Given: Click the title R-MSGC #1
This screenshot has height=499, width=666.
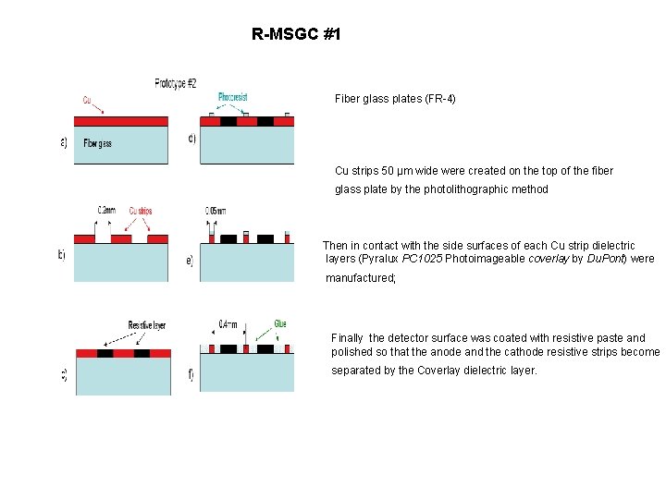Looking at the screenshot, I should [x=296, y=35].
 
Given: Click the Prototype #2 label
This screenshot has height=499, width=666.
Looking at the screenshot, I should [x=175, y=84].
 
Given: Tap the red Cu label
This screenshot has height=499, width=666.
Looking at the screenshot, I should [x=86, y=99].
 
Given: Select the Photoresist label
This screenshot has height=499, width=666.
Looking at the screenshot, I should [x=232, y=97].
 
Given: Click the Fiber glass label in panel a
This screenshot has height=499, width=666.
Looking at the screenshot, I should [x=97, y=143].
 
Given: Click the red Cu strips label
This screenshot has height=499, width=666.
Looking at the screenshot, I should [x=141, y=211].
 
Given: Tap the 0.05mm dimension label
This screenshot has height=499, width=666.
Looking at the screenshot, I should [x=215, y=211].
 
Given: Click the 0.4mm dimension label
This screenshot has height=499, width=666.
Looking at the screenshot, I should [x=227, y=324].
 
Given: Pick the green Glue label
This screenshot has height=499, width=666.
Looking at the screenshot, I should [x=279, y=323].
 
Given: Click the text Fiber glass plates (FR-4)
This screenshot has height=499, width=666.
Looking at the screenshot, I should [x=395, y=98].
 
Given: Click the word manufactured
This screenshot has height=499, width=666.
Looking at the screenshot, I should [x=359, y=276].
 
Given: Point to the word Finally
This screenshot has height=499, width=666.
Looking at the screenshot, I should [x=347, y=338].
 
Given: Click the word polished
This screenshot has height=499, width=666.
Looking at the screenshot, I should [x=351, y=352].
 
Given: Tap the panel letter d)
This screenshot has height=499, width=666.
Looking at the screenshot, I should [x=191, y=140].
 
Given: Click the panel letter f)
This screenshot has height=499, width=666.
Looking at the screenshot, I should [x=191, y=374].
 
